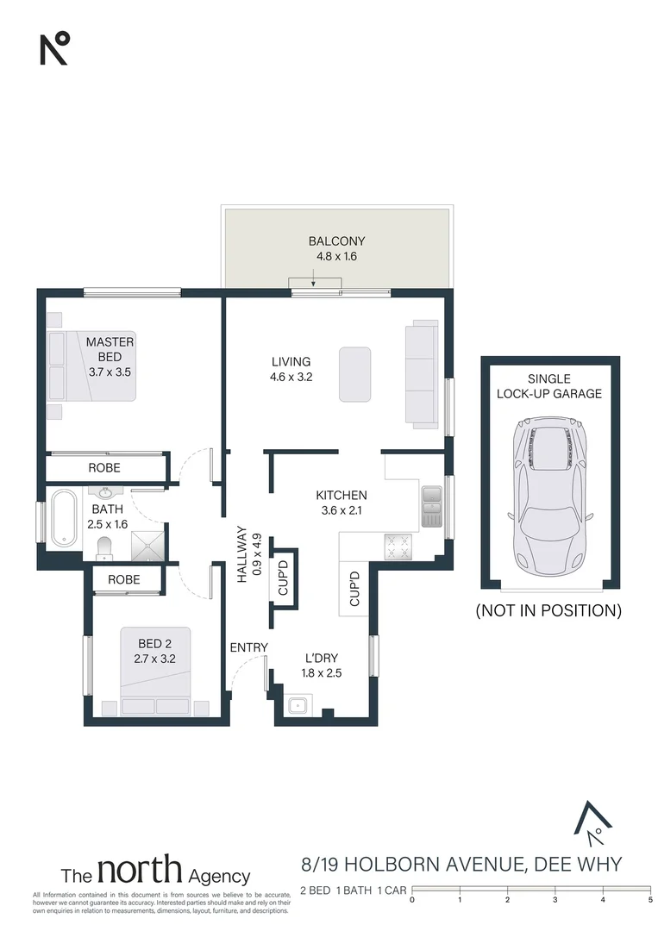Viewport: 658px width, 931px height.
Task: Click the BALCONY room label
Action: (x=336, y=241)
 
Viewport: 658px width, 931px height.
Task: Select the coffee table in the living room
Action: (x=354, y=374)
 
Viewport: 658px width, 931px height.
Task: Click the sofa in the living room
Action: (x=421, y=373)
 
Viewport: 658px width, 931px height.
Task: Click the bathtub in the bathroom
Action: (x=64, y=517)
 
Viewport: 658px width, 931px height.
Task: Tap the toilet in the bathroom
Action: (x=104, y=547)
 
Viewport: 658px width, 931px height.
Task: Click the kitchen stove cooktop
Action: (x=398, y=545)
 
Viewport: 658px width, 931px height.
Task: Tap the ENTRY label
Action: (x=248, y=647)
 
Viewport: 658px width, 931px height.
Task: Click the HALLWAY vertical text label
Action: (x=248, y=555)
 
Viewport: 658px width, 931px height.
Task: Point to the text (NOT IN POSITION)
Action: (x=548, y=611)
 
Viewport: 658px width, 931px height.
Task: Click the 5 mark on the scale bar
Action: (x=649, y=900)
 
